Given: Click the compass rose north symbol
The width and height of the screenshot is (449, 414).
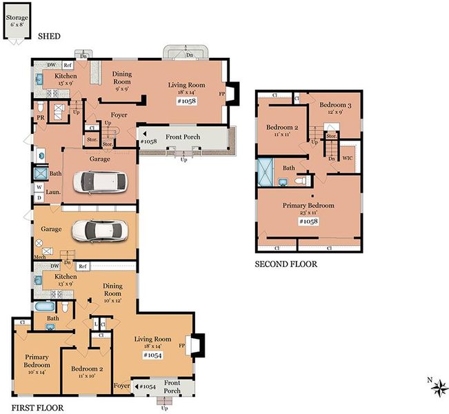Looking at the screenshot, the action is coord(439,388).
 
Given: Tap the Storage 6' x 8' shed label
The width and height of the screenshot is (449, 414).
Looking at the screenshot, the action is coord(17,21).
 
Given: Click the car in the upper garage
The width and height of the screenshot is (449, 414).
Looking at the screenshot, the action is coord(99,182).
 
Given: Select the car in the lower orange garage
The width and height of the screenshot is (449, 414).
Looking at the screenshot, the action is coord(99,231).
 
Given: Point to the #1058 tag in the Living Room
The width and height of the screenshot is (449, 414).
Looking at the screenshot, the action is coord(187,101).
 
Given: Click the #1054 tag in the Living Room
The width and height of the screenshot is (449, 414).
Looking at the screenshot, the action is coord(152,355).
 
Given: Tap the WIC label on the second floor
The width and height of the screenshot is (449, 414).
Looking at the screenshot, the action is coord(348,158).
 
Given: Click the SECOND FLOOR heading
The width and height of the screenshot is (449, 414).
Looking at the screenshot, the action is coord(286,264).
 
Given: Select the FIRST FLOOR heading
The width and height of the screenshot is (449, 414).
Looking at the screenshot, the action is coord(37,408).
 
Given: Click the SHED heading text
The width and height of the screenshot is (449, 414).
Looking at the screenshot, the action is coord(49,36).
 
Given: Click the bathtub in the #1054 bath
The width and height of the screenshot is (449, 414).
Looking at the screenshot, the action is coord(45,306).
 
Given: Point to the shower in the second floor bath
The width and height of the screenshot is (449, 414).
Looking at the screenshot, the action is coord(266,172).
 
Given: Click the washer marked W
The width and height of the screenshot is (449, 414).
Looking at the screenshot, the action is coord(39,188).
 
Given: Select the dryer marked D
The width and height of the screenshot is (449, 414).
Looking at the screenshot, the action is coord(39,197).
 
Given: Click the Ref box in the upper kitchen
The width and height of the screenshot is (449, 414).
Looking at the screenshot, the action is coord(68,65).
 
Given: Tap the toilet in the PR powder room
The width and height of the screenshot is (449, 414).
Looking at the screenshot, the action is coord(41,106).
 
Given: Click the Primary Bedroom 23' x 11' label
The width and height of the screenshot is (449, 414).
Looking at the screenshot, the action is coord(308,208).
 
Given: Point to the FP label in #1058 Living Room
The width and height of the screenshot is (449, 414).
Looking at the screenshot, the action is coord(222,94).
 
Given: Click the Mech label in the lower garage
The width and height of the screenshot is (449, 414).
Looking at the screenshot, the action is coord(40,257).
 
